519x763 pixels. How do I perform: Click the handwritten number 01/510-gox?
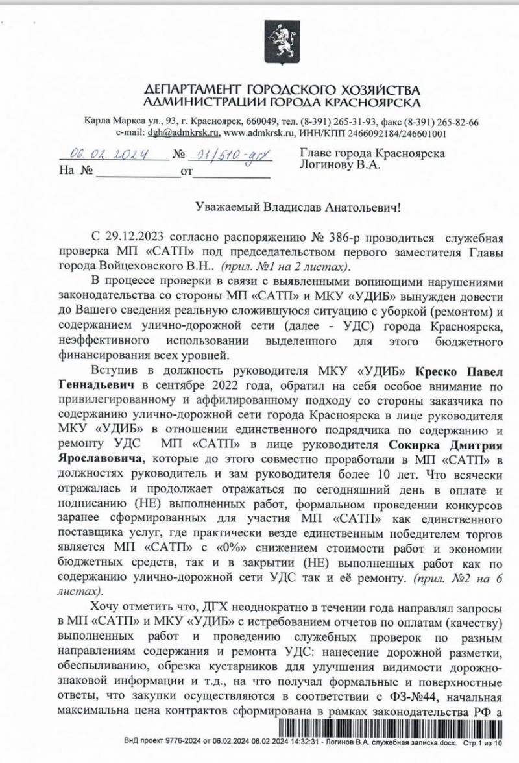[x=224, y=156]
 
